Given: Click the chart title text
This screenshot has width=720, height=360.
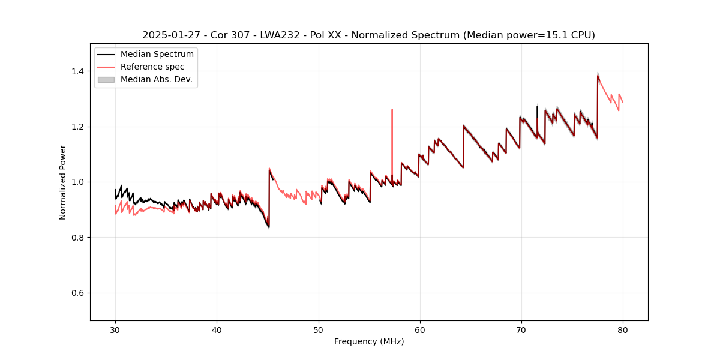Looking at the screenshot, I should [368, 35].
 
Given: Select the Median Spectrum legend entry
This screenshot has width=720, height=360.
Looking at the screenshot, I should [157, 55].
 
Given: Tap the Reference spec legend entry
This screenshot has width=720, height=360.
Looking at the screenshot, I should [152, 67].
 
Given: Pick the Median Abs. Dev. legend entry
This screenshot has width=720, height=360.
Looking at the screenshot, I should [156, 80].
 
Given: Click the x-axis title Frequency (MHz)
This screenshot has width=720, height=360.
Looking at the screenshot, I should [369, 341].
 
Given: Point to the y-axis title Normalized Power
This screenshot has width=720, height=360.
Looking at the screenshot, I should [63, 182].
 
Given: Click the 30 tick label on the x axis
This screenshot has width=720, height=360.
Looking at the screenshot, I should [116, 330].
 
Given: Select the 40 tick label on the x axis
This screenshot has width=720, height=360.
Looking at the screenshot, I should [217, 330].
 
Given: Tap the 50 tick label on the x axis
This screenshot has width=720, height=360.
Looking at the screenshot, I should [319, 330].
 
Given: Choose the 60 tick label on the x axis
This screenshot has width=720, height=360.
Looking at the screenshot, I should [420, 330].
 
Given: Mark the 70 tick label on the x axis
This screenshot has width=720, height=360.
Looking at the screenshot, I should [521, 330].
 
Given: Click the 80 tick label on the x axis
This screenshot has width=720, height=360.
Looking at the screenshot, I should [623, 330].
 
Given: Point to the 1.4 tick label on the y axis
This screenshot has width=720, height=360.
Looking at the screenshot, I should [77, 71].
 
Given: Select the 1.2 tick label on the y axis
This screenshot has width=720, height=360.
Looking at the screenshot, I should [77, 127].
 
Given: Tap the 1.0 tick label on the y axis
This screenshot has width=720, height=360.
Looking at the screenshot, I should [77, 182].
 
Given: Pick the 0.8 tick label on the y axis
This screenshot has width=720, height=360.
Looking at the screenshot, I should [77, 238].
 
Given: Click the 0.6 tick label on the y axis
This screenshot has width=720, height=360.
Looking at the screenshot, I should [77, 293].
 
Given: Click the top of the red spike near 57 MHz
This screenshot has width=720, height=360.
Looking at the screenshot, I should [392, 110].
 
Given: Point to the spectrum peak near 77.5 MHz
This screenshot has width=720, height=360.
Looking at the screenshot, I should [598, 75].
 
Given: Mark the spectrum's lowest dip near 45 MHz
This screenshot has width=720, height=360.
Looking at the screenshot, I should [268, 227].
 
